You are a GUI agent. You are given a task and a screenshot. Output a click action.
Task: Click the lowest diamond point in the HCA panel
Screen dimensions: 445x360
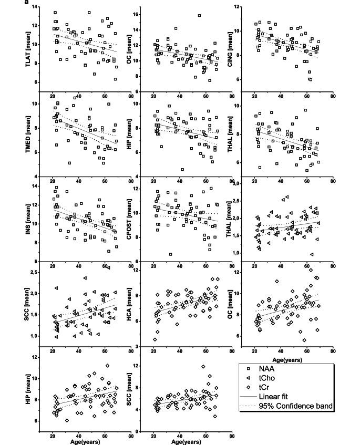pyautogui.click(x=155, y=339)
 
